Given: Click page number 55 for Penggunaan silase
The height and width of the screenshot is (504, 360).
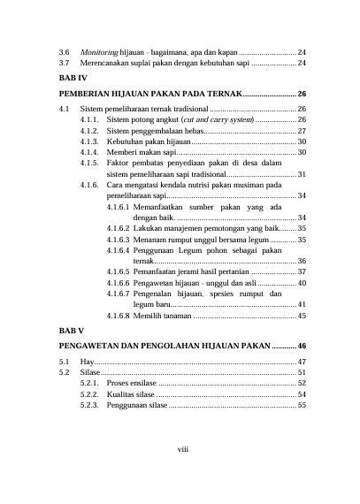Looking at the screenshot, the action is (x=302, y=405).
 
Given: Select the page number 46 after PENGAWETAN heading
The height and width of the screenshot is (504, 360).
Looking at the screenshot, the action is (x=302, y=345).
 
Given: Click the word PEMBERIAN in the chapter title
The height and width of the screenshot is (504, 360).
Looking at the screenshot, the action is (x=78, y=94).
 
